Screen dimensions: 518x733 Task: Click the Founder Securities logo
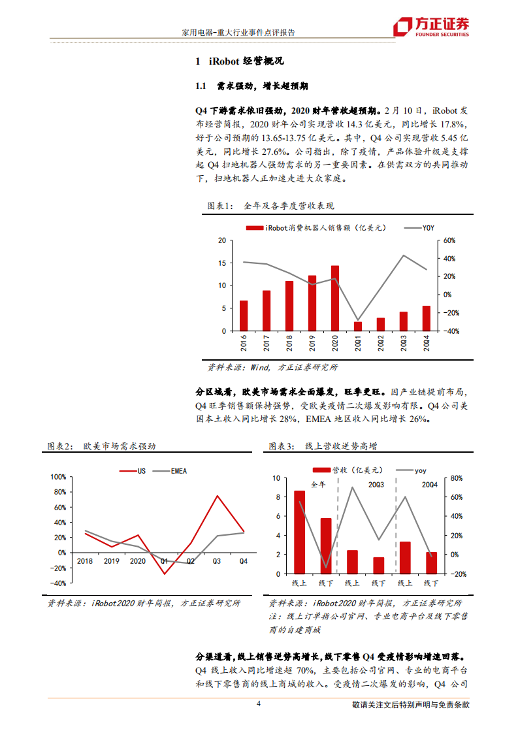(430, 27)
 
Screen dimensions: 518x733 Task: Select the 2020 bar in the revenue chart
(335, 298)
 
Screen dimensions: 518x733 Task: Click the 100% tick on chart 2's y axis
(58, 476)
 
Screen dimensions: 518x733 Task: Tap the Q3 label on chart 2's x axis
(217, 561)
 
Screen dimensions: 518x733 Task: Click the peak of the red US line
(218, 496)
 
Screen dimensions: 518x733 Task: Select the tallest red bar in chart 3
(300, 532)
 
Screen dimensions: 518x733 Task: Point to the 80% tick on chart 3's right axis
(457, 478)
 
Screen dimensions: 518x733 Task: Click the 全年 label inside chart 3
(318, 485)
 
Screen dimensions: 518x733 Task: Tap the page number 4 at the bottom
(259, 704)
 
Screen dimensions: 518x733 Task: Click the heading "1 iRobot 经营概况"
(239, 61)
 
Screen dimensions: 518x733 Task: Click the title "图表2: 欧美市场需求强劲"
(102, 446)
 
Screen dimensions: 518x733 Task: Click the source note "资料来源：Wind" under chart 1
(273, 367)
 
